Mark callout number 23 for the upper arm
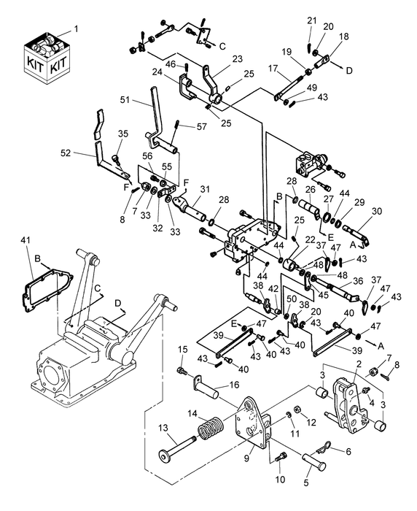237,60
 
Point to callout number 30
377,212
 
